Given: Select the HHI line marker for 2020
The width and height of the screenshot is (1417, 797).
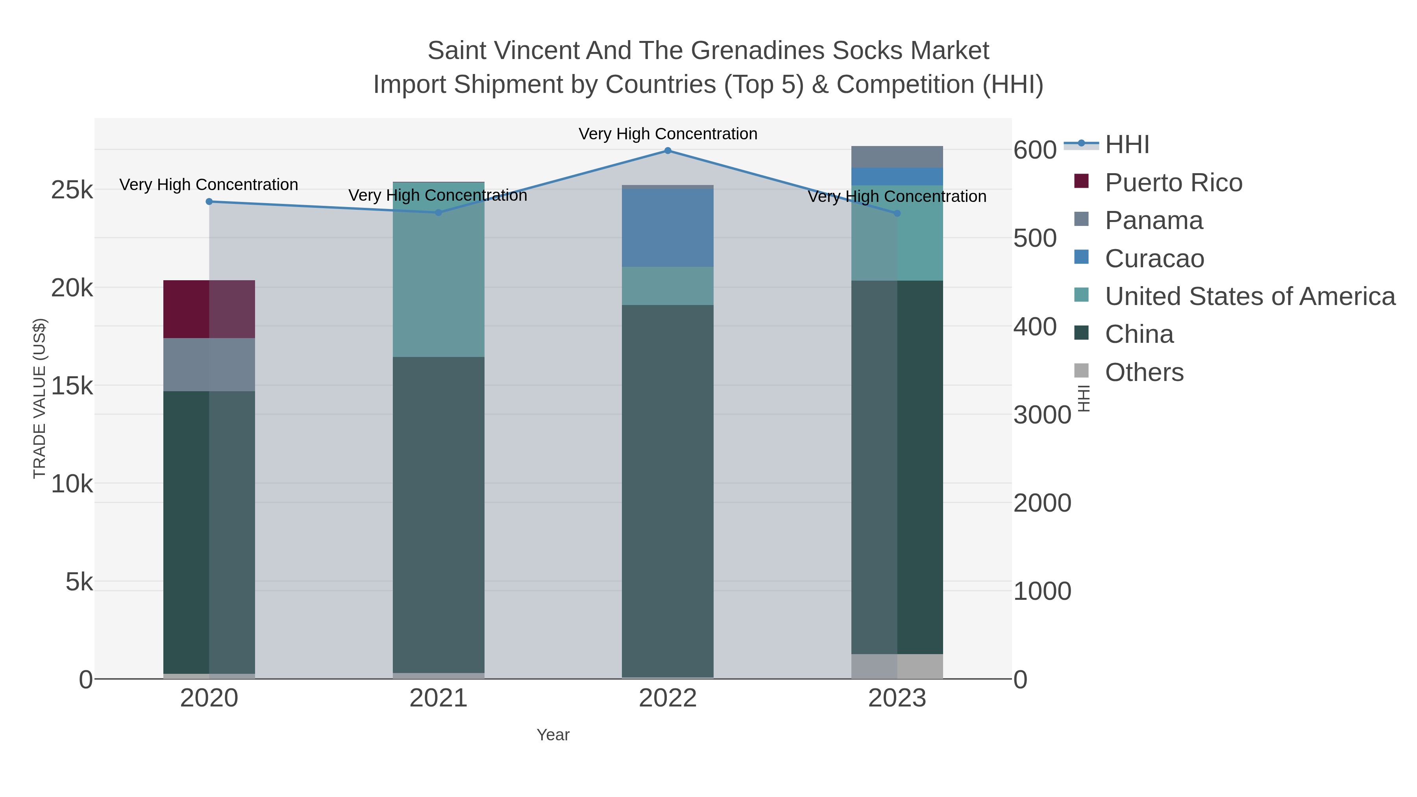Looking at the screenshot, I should [209, 202].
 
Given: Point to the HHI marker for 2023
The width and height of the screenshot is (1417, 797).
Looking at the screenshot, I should [897, 213].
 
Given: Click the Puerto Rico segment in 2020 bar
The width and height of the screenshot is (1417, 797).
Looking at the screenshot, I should [209, 309].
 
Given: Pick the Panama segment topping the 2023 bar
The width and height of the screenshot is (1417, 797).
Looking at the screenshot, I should [897, 157].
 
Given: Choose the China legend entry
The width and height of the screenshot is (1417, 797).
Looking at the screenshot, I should [1139, 335].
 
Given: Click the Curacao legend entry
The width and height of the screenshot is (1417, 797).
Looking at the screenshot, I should [1154, 259].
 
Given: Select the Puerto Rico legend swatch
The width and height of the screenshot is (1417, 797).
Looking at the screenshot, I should [1081, 181].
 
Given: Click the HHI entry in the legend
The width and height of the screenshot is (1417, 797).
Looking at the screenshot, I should [1127, 145].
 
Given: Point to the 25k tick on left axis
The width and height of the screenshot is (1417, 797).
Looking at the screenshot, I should [72, 190].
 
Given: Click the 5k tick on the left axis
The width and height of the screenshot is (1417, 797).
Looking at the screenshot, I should [79, 582].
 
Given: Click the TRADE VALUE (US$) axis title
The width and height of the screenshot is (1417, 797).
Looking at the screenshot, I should [40, 398].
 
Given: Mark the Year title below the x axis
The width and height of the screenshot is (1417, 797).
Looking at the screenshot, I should [553, 735].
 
